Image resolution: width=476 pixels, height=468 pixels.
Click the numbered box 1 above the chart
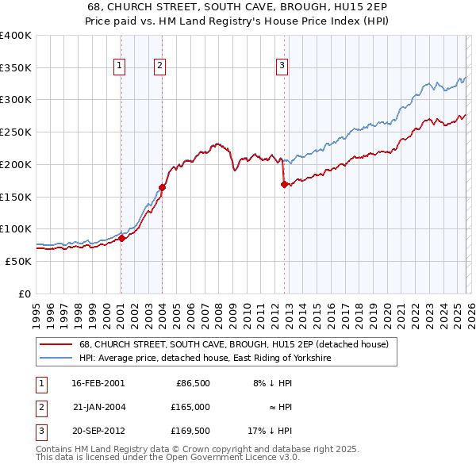pos(119,66)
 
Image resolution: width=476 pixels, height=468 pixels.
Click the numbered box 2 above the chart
pos(159,66)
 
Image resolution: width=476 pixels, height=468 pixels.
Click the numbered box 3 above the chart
pos(282,66)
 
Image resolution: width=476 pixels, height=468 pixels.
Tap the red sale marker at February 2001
pos(121,237)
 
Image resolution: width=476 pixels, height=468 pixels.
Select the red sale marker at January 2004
pos(162,187)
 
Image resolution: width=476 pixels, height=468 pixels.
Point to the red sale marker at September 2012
pos(284,184)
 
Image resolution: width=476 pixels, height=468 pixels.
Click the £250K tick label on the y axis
pos(15,132)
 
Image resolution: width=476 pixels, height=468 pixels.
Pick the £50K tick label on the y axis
pos(17,261)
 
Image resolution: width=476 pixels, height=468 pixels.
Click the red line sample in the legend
pos(56,344)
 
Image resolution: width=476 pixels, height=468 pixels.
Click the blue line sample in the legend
pos(56,359)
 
